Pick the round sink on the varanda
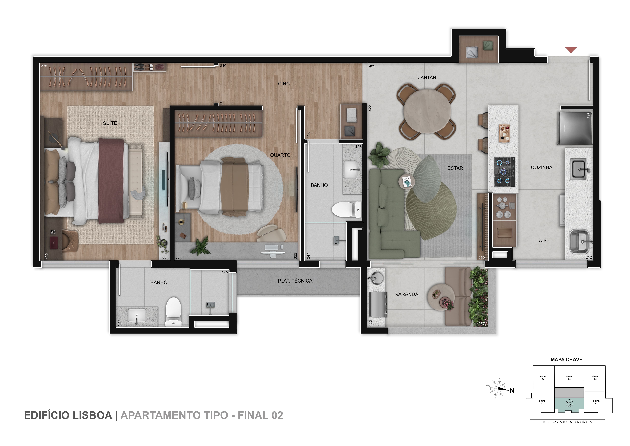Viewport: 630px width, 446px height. click(376, 277)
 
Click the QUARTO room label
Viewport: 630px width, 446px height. click(280, 155)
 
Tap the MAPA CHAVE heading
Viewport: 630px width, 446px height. click(566, 360)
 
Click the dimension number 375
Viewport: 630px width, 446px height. click(44, 66)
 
